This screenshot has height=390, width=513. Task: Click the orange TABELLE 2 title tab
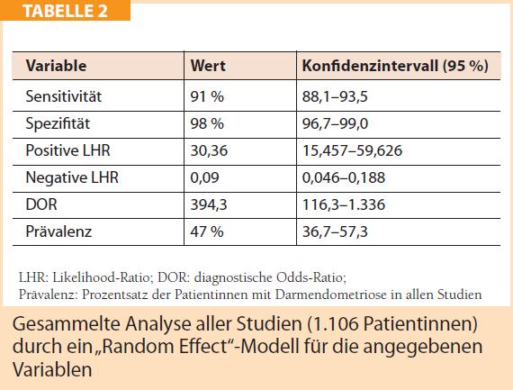pos(65,10)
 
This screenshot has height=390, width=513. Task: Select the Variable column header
pos(57,66)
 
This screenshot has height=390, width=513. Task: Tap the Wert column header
pos(208,66)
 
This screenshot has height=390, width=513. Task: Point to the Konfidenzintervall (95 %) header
pos(395,66)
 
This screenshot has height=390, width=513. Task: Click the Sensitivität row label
pos(64,96)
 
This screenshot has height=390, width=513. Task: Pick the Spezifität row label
pos(58,123)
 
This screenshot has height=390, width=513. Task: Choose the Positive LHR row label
pos(67,150)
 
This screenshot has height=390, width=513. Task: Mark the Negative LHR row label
pos(72,177)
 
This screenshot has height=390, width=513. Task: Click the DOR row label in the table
pos(41,204)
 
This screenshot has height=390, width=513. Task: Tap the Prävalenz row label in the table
pos(58,231)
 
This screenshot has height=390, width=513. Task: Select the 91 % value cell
pos(207,96)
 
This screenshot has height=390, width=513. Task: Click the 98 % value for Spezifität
pos(207,123)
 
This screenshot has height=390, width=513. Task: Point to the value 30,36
pos(209,150)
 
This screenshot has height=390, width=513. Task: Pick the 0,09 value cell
pos(204,177)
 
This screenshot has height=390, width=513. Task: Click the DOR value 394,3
pos(209,204)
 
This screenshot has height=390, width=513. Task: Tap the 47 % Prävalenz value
pos(207,231)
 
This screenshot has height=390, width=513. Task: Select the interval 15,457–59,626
pos(352,150)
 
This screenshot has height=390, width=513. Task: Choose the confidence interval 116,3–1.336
pos(344,204)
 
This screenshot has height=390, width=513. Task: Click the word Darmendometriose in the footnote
pos(331,294)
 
